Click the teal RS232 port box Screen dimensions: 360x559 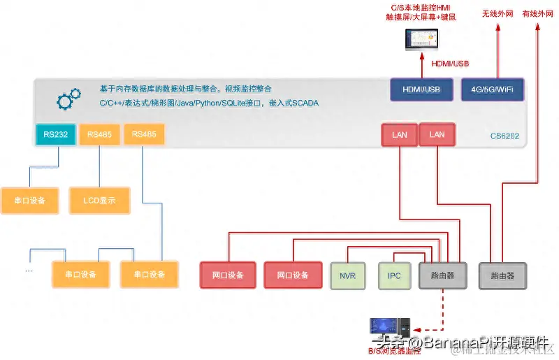(x=55, y=134)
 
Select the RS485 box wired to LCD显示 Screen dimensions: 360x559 (x=99, y=134)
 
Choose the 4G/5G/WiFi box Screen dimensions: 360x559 (x=492, y=89)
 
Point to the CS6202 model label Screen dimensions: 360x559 (x=504, y=136)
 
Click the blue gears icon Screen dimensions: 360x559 (x=68, y=99)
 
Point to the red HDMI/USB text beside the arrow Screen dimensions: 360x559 (x=450, y=64)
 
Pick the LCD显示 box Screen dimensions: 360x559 (x=99, y=201)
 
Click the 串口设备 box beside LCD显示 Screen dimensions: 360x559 (x=29, y=201)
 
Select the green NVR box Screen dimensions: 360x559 (x=347, y=275)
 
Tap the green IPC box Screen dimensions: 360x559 (x=394, y=275)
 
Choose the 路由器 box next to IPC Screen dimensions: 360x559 (x=442, y=275)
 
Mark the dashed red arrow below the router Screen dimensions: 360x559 (x=442, y=308)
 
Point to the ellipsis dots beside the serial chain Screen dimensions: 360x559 (x=29, y=270)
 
